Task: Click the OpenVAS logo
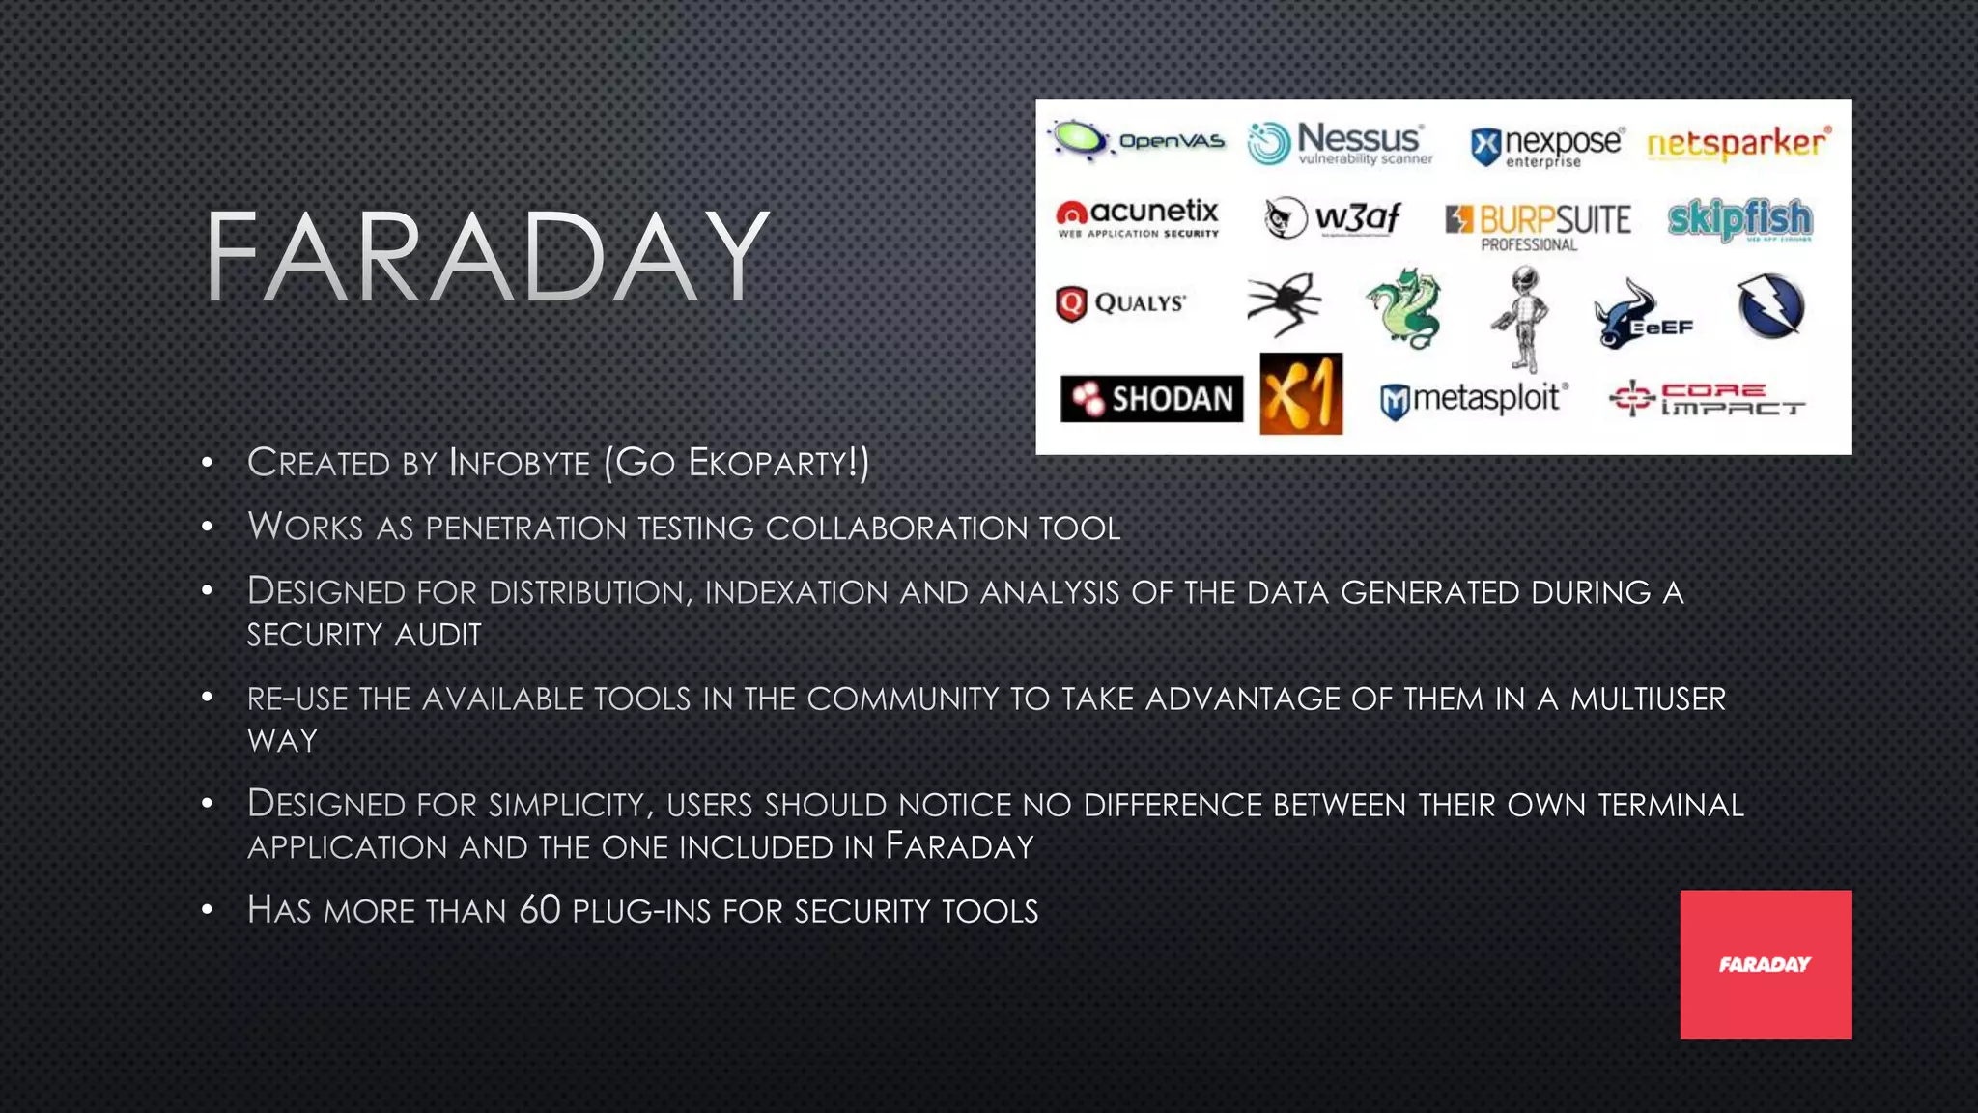(x=1138, y=141)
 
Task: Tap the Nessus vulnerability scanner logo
(x=1340, y=144)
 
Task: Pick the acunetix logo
(x=1138, y=218)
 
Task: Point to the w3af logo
(x=1332, y=218)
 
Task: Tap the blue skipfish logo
(x=1740, y=220)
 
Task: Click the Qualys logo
(x=1120, y=303)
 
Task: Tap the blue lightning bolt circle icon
(x=1770, y=306)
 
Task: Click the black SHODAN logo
(x=1151, y=399)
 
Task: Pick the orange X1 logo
(x=1301, y=394)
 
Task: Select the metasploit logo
(x=1474, y=399)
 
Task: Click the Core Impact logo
(x=1707, y=398)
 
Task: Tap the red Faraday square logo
(x=1766, y=964)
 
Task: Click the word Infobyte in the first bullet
(x=520, y=463)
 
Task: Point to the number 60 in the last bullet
(x=539, y=910)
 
